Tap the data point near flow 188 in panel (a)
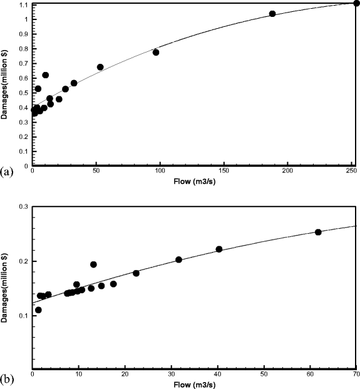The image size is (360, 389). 272,14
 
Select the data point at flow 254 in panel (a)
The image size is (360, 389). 356,3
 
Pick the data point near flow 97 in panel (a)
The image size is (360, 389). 156,52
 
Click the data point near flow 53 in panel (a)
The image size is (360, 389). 100,67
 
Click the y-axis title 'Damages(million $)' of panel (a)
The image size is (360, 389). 6,85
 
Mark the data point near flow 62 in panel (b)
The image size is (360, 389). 318,232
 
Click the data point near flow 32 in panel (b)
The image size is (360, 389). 178,260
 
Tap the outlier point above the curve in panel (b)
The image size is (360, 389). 93,265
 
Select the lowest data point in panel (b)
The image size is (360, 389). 38,310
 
